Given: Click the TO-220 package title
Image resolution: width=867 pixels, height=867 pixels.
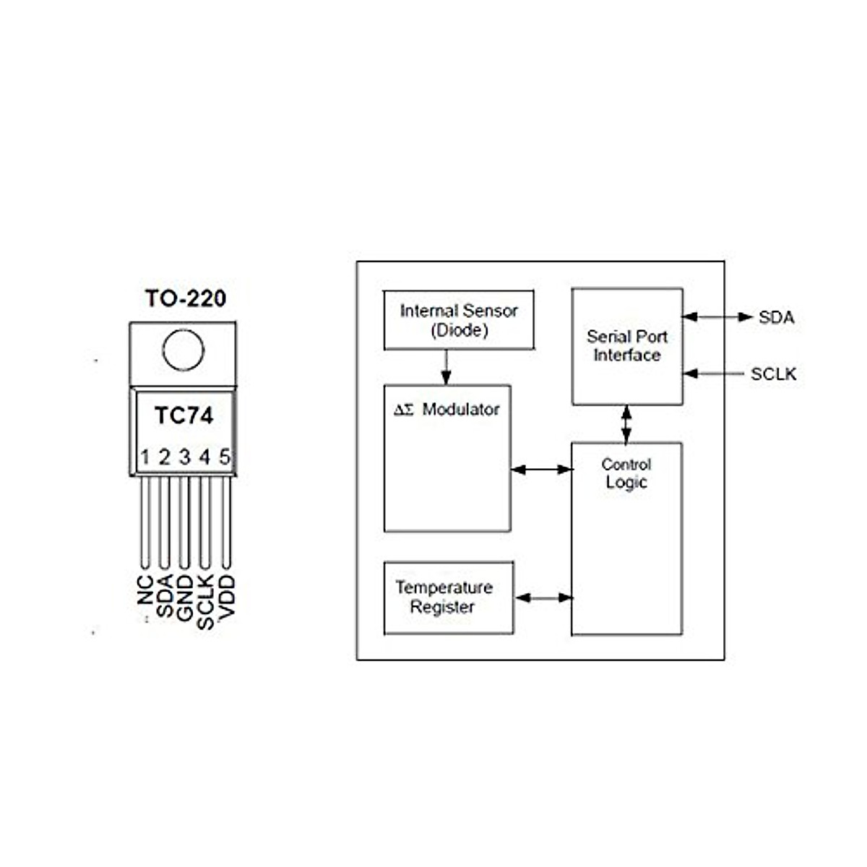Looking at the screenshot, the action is pyautogui.click(x=186, y=298).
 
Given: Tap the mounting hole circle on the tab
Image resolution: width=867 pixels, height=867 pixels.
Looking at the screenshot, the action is pyautogui.click(x=183, y=350).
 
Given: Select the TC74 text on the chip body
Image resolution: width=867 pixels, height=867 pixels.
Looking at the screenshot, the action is pyautogui.click(x=184, y=415).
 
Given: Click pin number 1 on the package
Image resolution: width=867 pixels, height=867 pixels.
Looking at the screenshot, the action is pyautogui.click(x=145, y=457).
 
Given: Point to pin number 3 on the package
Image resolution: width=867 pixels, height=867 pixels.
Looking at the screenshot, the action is pyautogui.click(x=185, y=457).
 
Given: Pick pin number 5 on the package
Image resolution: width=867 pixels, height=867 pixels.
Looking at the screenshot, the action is pyautogui.click(x=225, y=457).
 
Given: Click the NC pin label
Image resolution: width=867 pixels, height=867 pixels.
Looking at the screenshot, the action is pyautogui.click(x=145, y=590).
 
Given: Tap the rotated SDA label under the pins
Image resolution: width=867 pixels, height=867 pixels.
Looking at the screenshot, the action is pyautogui.click(x=165, y=595).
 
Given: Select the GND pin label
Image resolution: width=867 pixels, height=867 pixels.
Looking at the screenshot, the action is pyautogui.click(x=184, y=598).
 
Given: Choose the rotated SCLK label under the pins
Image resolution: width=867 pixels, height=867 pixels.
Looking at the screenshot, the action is pyautogui.click(x=205, y=602).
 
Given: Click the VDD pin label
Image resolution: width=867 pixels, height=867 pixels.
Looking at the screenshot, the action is pyautogui.click(x=226, y=597).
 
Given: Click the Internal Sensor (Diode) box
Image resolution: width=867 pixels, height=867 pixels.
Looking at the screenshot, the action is pyautogui.click(x=459, y=320).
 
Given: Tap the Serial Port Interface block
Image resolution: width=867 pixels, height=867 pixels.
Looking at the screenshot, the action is pyautogui.click(x=627, y=347).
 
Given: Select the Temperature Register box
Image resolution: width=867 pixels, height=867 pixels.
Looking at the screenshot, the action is pyautogui.click(x=449, y=598).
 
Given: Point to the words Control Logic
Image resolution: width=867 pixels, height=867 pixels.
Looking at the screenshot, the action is pyautogui.click(x=626, y=473).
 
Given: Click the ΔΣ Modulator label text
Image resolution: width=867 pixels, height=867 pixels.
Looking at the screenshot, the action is pyautogui.click(x=447, y=410).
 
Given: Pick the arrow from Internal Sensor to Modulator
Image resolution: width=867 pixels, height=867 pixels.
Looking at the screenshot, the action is pyautogui.click(x=446, y=367).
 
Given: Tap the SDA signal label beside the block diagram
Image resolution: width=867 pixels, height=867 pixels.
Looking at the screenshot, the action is pyautogui.click(x=777, y=318).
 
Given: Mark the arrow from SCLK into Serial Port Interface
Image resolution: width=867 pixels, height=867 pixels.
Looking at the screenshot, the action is pyautogui.click(x=714, y=374).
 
